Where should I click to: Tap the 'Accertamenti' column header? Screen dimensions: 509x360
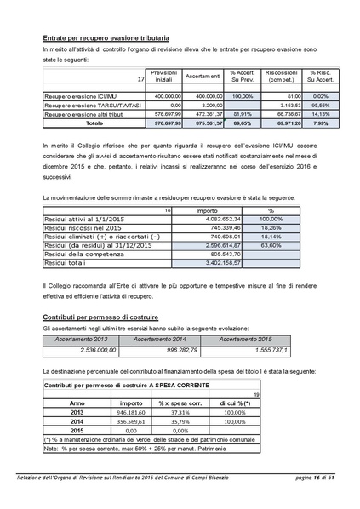204,77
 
